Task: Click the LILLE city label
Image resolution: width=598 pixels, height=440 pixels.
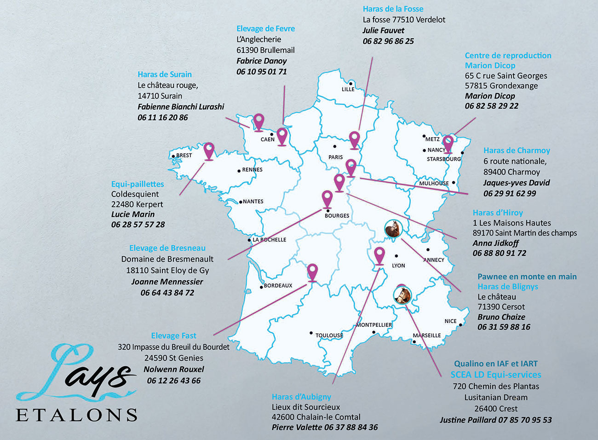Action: [x=348, y=89]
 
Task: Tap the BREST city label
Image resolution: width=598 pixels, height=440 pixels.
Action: [x=184, y=155]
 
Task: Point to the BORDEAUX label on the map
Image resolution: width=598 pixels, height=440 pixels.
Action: [x=278, y=285]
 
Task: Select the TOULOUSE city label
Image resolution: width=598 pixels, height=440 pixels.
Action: [x=329, y=335]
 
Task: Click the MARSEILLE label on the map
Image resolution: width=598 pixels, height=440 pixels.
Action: [x=427, y=335]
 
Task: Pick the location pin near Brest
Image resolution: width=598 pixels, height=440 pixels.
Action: [x=209, y=151]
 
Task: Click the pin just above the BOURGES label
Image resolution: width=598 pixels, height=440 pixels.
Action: [x=327, y=199]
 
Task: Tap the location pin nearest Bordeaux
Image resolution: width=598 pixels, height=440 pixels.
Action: [x=312, y=272]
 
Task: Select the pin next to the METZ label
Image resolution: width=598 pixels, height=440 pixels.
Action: [x=448, y=143]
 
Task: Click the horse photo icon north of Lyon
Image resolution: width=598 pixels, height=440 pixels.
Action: [x=393, y=229]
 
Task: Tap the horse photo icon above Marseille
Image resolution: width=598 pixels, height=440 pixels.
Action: [x=402, y=295]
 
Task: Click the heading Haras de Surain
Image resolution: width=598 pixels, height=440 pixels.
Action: [x=164, y=74]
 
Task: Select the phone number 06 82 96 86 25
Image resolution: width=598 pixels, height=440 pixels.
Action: [x=388, y=41]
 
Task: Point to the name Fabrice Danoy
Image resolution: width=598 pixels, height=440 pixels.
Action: [x=261, y=61]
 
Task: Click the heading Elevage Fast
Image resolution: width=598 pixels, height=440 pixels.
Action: [x=173, y=336]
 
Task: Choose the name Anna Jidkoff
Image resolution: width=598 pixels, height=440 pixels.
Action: [x=495, y=243]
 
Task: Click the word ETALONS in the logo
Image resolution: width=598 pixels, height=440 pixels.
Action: [x=76, y=415]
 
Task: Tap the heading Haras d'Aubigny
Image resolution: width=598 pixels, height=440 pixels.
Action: [x=301, y=397]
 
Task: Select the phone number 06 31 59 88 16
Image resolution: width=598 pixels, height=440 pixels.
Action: [x=504, y=327]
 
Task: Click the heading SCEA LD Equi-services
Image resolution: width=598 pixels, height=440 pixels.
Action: [x=495, y=375]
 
